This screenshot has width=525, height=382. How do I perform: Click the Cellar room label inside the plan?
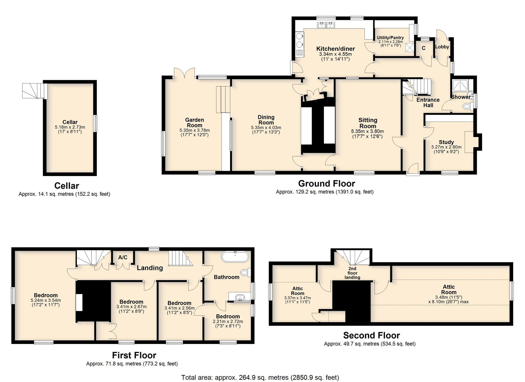pos(70,122)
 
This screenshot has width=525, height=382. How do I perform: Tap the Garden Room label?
pos(195,123)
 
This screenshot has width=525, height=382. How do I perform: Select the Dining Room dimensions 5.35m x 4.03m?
pos(266,128)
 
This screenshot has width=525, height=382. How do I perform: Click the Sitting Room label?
pos(368,123)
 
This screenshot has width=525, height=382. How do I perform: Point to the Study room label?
pos(446,142)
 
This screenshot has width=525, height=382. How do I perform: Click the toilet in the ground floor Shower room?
pos(468,106)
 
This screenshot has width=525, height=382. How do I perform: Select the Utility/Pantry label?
pos(390,37)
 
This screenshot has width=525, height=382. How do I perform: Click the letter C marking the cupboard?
pos(424,48)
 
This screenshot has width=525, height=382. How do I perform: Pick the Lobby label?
pos(442,47)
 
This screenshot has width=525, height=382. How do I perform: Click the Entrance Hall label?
pos(428,102)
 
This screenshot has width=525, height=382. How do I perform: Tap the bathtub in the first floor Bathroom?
pos(235,257)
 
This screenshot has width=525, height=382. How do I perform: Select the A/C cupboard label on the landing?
pos(123,258)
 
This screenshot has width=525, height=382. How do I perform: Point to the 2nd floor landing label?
pos(352,273)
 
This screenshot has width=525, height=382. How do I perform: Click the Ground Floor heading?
pos(326,183)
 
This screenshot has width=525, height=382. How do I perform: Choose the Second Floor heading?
pos(371,335)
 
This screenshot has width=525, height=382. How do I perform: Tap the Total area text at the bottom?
pos(260,377)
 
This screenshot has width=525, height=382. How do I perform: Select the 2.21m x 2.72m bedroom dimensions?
pos(228,322)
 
